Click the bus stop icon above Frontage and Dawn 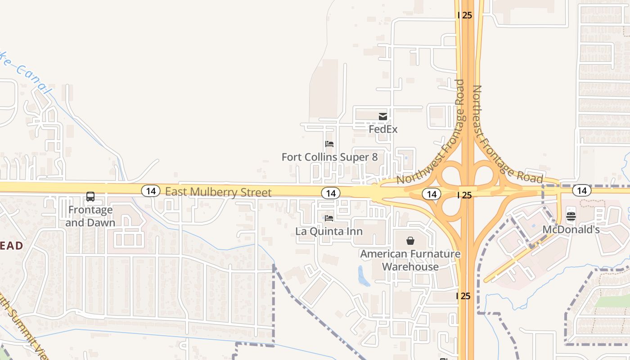(90, 197)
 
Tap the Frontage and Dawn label (90, 216)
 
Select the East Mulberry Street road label (218, 192)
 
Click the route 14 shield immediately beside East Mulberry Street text (151, 191)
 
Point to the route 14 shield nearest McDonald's (582, 190)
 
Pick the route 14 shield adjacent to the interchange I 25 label (432, 194)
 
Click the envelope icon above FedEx (383, 117)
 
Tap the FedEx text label (383, 130)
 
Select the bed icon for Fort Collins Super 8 (329, 144)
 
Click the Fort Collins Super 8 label (329, 157)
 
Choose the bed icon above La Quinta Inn (329, 219)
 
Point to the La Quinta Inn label (329, 232)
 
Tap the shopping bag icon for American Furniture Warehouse (410, 241)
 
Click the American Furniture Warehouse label (410, 260)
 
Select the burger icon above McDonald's (571, 216)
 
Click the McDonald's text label (571, 229)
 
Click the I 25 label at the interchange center (465, 195)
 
